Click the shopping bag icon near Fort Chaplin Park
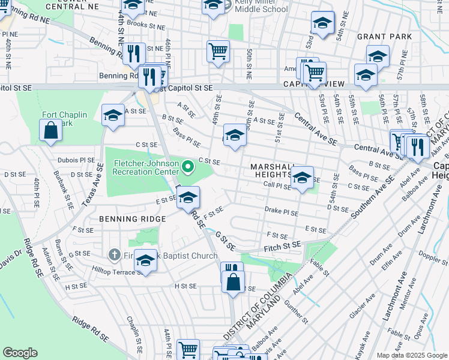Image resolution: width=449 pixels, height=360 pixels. (51, 129)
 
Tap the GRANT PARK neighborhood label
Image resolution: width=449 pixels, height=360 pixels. (384, 37)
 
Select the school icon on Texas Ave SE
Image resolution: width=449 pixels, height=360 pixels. (112, 115)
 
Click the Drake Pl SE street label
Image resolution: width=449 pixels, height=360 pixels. (282, 211)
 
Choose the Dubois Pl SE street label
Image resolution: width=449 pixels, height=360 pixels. (76, 160)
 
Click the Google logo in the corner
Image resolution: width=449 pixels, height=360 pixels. (20, 353)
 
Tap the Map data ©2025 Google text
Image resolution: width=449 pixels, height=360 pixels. (411, 355)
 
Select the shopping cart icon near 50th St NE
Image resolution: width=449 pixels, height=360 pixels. (218, 50)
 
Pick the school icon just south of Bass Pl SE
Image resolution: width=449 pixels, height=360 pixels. (235, 134)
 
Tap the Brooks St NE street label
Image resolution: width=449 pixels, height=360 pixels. (133, 25)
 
